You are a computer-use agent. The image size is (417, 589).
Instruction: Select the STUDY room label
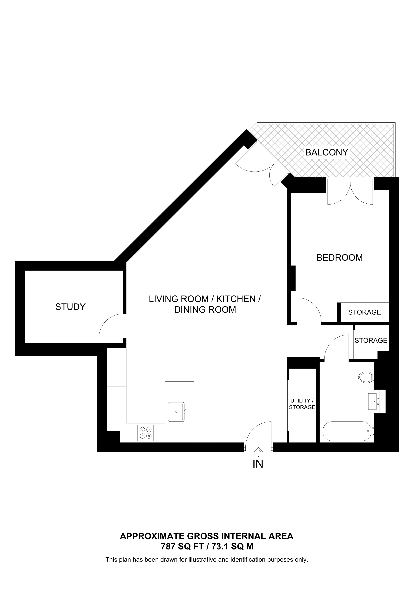(x=70, y=307)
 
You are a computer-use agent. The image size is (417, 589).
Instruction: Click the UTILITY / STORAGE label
(x=302, y=404)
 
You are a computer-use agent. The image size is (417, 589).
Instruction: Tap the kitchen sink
(x=176, y=412)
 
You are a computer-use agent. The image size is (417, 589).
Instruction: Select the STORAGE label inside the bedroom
(x=364, y=312)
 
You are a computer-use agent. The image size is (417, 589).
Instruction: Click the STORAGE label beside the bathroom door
(x=371, y=340)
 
